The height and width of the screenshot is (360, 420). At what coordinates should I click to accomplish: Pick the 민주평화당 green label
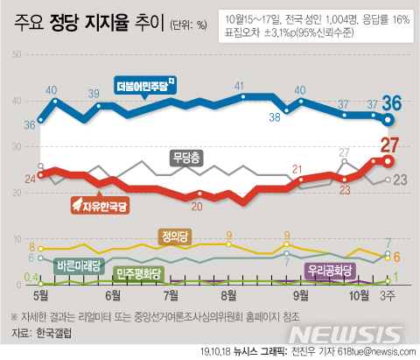pyautogui.click(x=137, y=273)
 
